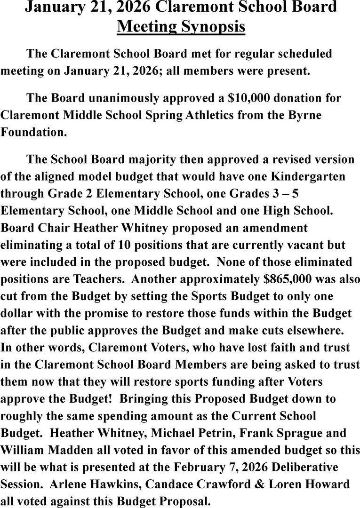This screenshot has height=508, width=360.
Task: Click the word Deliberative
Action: tap(307, 467)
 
